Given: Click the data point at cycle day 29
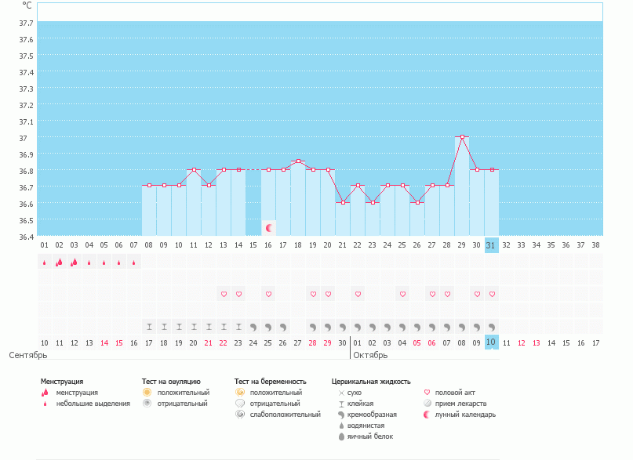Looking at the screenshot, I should tap(462, 137).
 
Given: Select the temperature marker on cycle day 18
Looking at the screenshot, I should tap(298, 161).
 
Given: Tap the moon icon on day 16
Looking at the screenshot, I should tap(269, 228).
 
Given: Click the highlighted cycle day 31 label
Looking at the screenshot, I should tap(492, 244).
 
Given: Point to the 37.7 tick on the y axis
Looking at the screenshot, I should tap(25, 23).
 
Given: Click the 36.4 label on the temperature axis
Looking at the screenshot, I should tap(25, 237).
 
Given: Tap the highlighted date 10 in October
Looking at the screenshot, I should tap(492, 342).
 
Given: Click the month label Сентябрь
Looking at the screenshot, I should tap(28, 355).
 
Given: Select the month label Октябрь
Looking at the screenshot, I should tap(370, 355).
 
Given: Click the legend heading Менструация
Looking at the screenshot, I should tap(62, 382).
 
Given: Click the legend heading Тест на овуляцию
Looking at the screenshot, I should tap(171, 382).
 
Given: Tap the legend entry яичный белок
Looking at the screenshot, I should tap(370, 436).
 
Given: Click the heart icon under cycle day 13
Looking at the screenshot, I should tap(224, 294).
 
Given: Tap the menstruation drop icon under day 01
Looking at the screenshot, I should tap(44, 263).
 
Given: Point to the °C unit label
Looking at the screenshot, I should tap(27, 5).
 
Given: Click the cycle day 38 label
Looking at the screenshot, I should tap(595, 244).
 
